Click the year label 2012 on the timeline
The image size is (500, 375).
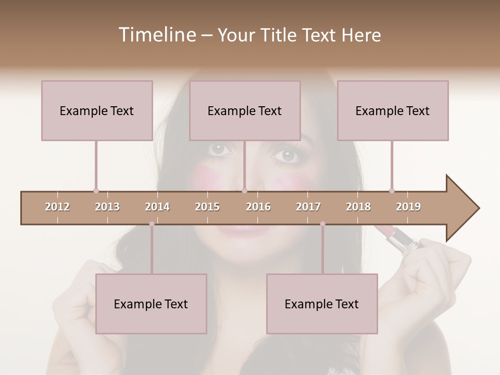[x=57, y=207]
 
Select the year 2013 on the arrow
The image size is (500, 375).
[x=107, y=207]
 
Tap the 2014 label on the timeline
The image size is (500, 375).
[x=157, y=207]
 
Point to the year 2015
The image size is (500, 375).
[x=207, y=207]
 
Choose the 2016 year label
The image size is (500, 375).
[x=258, y=207]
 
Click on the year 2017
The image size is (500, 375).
[x=308, y=207]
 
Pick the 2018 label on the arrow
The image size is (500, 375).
[x=358, y=207]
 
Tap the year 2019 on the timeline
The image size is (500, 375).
[x=408, y=207]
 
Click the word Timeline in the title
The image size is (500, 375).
[x=156, y=35]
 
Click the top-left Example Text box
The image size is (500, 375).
[x=97, y=110]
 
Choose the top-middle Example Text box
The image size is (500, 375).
[x=245, y=110]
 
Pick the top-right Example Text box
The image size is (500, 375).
[x=393, y=110]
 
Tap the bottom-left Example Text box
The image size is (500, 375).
[x=151, y=304]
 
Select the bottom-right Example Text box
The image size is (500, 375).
[x=322, y=304]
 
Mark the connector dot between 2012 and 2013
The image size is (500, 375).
[x=96, y=191]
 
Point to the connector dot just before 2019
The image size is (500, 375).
[x=392, y=191]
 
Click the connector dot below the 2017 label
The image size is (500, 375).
[x=322, y=224]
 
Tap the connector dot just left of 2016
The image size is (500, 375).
[x=244, y=191]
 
